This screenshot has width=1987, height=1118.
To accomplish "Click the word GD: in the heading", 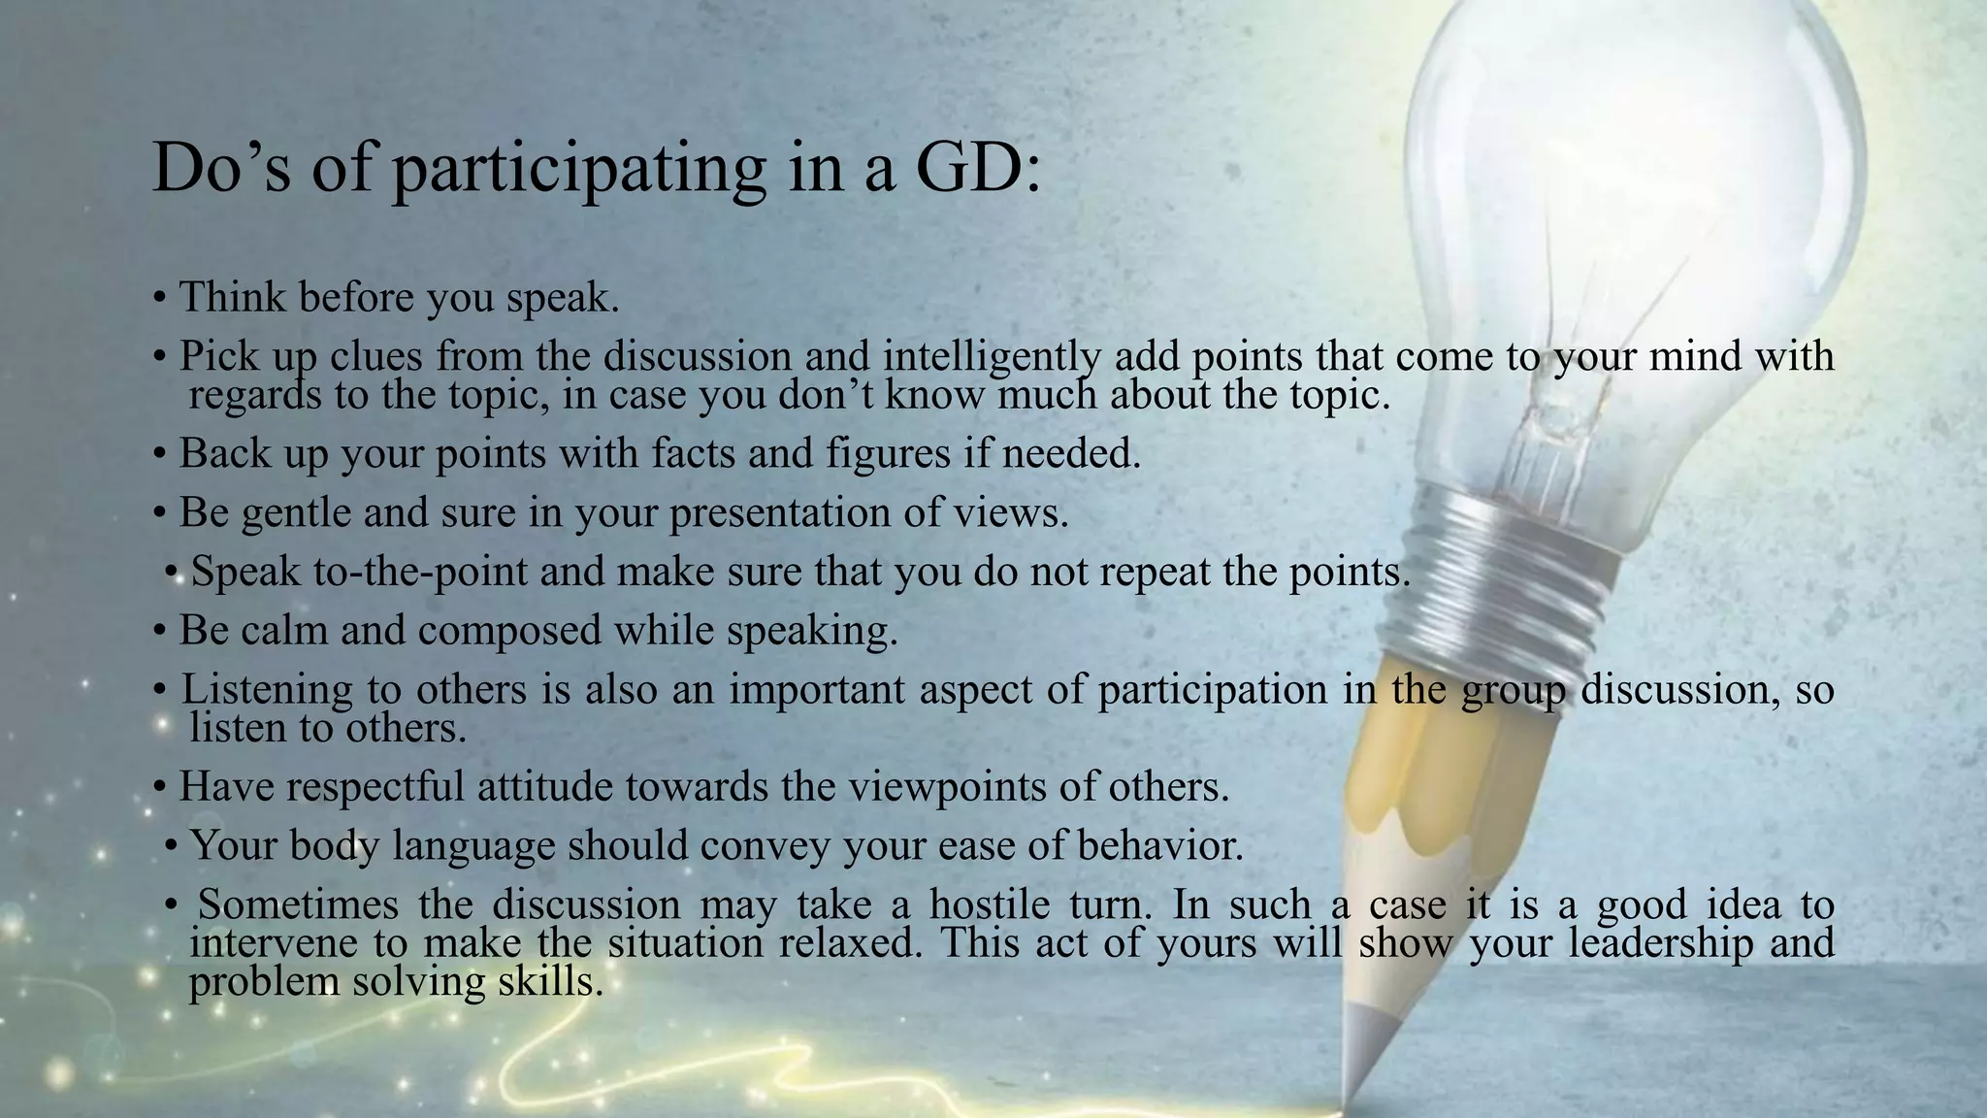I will (x=977, y=169).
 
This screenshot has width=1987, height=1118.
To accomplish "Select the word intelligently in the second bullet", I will (x=992, y=356).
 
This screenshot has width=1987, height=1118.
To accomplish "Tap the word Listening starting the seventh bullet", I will (x=267, y=690).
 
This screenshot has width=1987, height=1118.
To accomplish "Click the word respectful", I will (x=375, y=786).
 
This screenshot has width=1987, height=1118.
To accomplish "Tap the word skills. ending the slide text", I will (x=550, y=982).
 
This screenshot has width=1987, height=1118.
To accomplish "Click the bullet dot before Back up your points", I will (x=160, y=454).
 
